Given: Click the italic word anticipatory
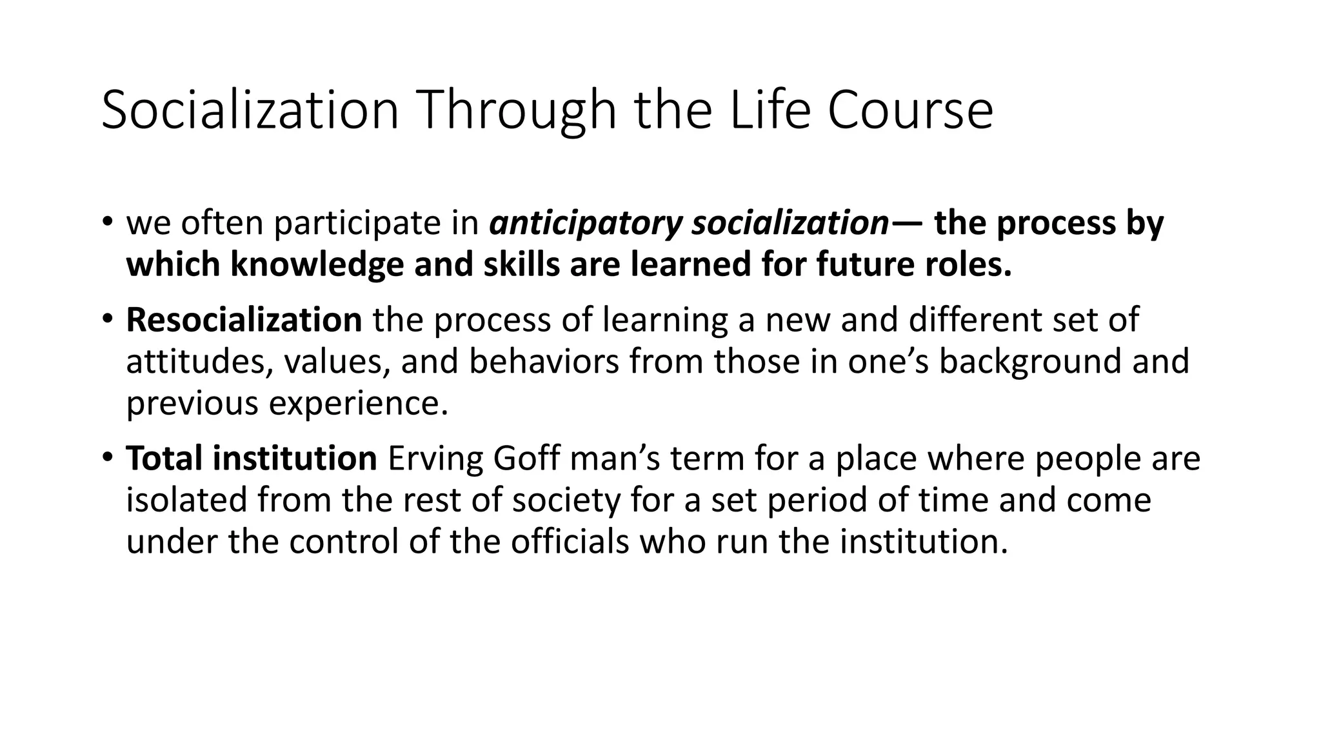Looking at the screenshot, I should (586, 224).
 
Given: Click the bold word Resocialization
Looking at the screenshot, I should (244, 320).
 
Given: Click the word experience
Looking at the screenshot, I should (358, 404).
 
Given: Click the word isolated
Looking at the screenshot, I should (187, 500).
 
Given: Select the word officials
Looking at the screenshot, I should (570, 541).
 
